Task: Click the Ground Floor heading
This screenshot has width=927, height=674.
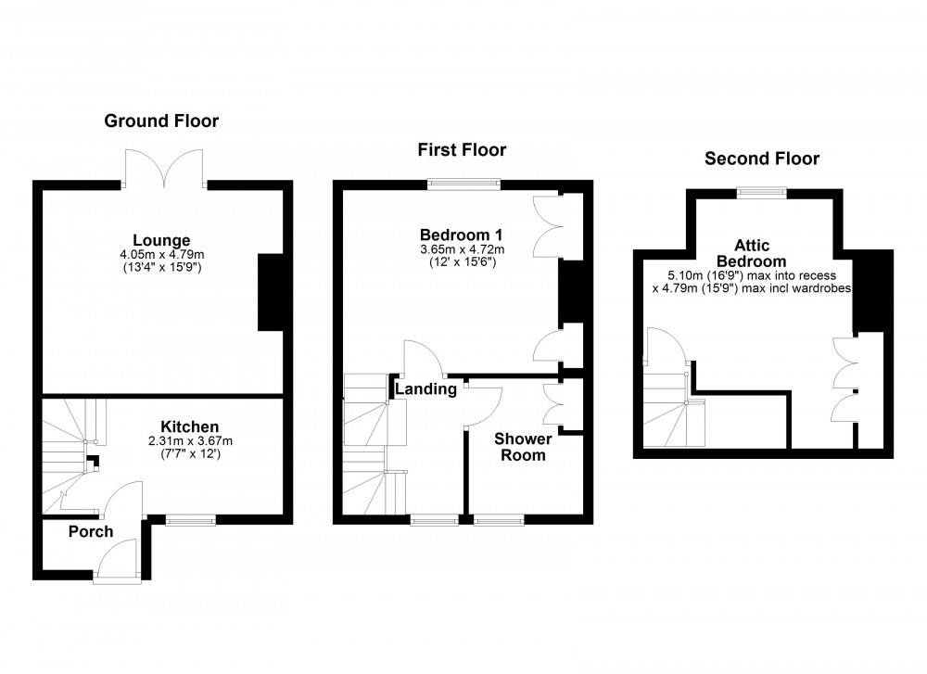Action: click(x=161, y=121)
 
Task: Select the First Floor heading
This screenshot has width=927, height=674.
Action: click(x=462, y=149)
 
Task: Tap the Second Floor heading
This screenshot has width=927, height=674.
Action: click(x=762, y=159)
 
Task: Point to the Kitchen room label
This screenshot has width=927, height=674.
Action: click(x=189, y=426)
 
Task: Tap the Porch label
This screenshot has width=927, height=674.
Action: click(x=91, y=531)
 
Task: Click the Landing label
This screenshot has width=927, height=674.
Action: click(x=426, y=389)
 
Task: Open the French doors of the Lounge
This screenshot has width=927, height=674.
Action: click(x=164, y=167)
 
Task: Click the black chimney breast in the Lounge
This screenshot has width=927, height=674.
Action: click(x=271, y=291)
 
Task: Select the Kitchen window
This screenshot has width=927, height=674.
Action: click(x=190, y=520)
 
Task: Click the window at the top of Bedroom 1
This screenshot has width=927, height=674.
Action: click(x=463, y=184)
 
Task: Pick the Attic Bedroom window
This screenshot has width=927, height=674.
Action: click(x=762, y=193)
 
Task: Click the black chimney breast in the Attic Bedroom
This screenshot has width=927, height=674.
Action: click(x=871, y=291)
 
